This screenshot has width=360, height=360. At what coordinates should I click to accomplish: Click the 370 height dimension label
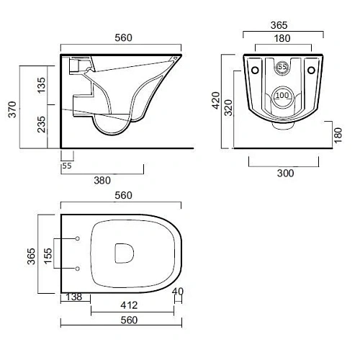12,109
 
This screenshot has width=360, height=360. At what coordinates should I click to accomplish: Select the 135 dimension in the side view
41,85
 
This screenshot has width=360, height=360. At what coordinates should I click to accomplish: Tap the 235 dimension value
41,125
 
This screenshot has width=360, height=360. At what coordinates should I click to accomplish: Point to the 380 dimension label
102,181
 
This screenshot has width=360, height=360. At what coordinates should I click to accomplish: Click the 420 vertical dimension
216,100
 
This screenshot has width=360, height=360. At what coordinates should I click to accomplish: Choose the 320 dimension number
228,108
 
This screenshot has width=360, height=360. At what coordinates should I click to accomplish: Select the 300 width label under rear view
285,173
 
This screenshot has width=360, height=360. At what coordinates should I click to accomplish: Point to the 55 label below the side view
67,166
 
